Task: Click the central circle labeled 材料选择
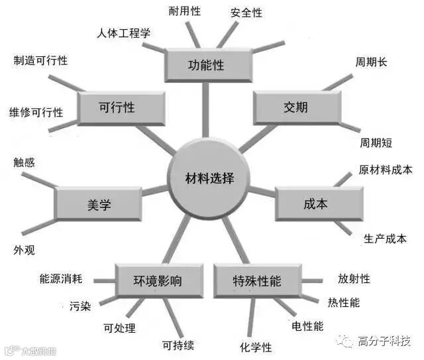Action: point(209,177)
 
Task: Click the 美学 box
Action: point(98,204)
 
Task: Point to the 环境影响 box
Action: point(157,281)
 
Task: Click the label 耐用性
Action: point(185,11)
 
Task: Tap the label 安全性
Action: point(246,13)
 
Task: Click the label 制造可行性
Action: point(40,60)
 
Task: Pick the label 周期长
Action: point(372,62)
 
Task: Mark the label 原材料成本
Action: point(386,169)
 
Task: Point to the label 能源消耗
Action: point(60,279)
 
